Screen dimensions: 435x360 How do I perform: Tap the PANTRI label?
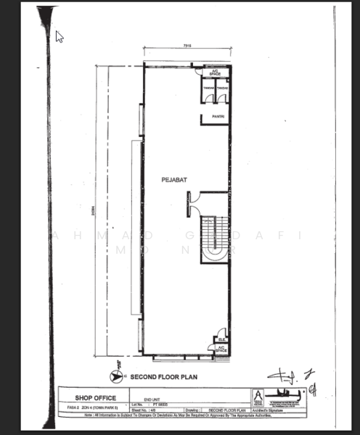(216, 115)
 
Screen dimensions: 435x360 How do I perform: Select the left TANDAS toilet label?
(208, 88)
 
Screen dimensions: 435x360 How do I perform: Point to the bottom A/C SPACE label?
(221, 349)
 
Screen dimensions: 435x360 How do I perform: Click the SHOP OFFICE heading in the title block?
(96, 397)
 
